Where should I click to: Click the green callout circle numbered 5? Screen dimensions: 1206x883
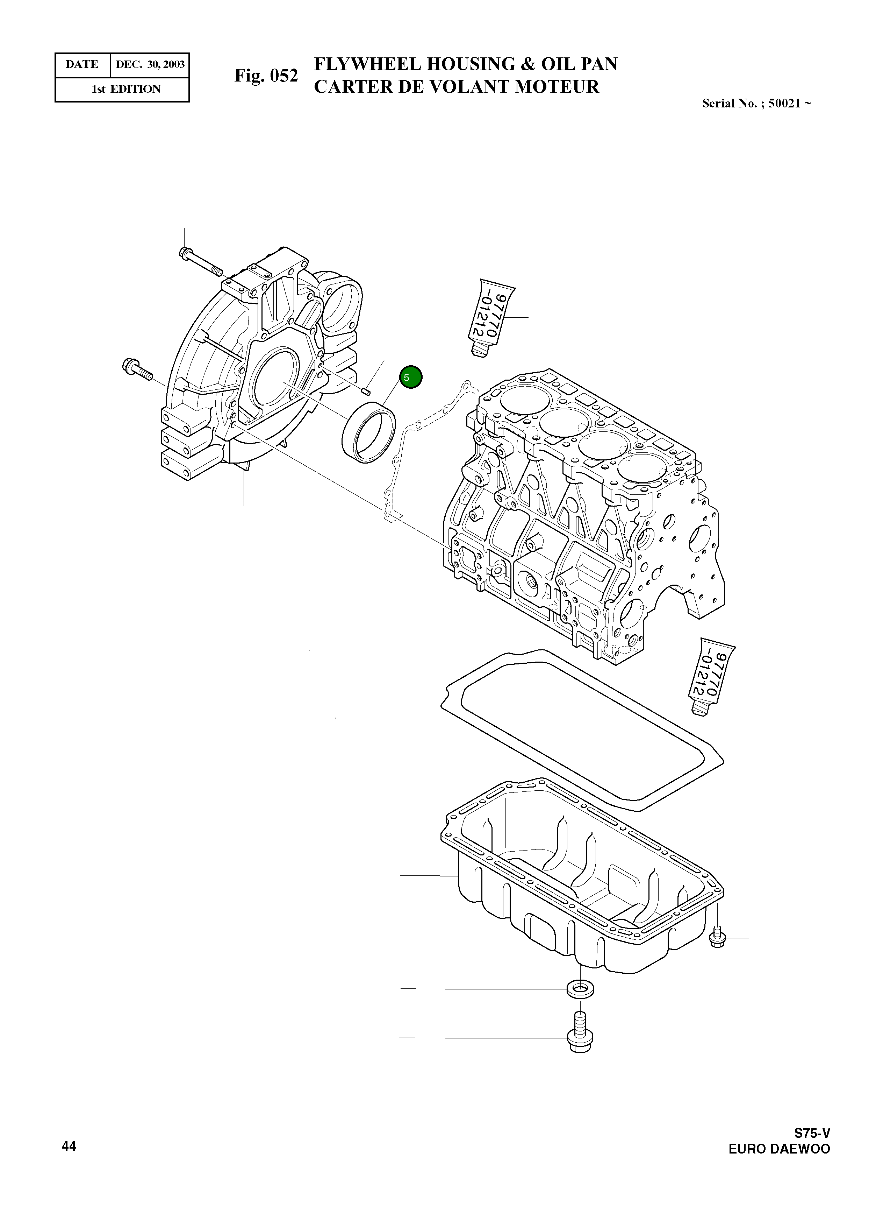[410, 378]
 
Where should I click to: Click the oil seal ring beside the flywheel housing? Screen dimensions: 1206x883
[369, 434]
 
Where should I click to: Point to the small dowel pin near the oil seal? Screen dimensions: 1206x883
[366, 390]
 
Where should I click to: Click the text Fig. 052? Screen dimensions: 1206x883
[266, 76]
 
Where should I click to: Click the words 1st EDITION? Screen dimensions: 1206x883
[126, 89]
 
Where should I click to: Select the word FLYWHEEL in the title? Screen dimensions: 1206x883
[367, 64]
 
